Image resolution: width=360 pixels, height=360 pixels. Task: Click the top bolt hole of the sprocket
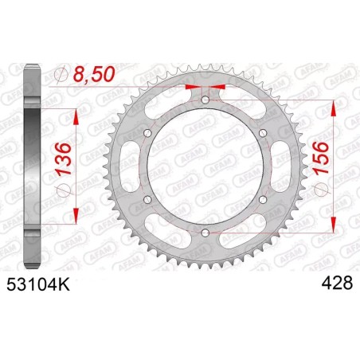point(205,100)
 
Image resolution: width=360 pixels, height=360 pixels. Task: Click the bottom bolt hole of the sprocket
point(205,232)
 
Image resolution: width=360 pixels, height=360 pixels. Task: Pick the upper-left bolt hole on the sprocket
point(148,133)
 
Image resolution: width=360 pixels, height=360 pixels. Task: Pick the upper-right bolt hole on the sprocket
point(262,133)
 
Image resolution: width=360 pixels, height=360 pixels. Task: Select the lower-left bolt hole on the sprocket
point(148,199)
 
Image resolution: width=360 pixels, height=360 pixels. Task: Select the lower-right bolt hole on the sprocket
point(262,199)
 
